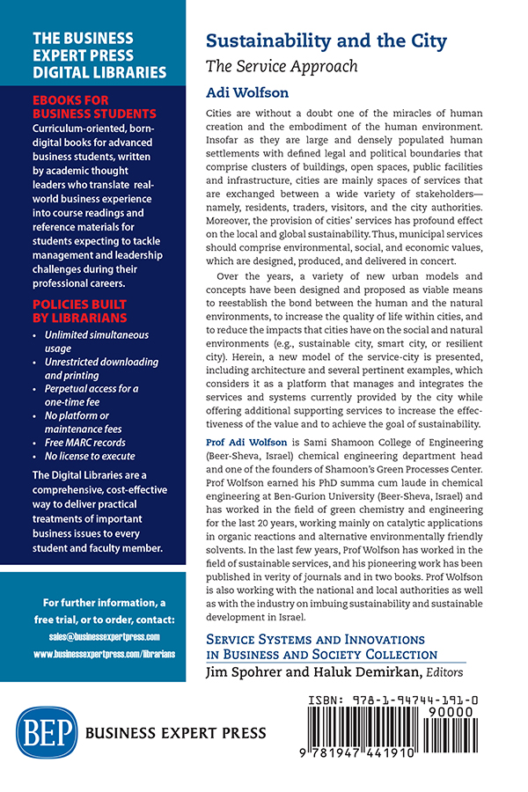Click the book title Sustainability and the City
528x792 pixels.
click(x=326, y=41)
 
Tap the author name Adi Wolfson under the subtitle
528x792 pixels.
click(x=241, y=91)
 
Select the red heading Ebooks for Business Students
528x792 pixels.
click(x=93, y=107)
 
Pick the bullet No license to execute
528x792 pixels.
click(x=92, y=456)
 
